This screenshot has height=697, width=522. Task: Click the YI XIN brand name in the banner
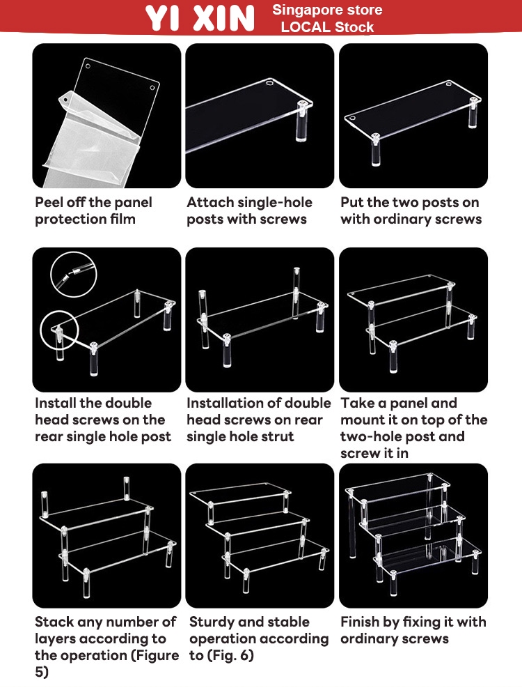(200, 18)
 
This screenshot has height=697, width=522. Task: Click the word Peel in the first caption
(49, 202)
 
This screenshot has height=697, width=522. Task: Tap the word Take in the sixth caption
(358, 403)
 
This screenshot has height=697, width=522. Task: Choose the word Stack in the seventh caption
(54, 622)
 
